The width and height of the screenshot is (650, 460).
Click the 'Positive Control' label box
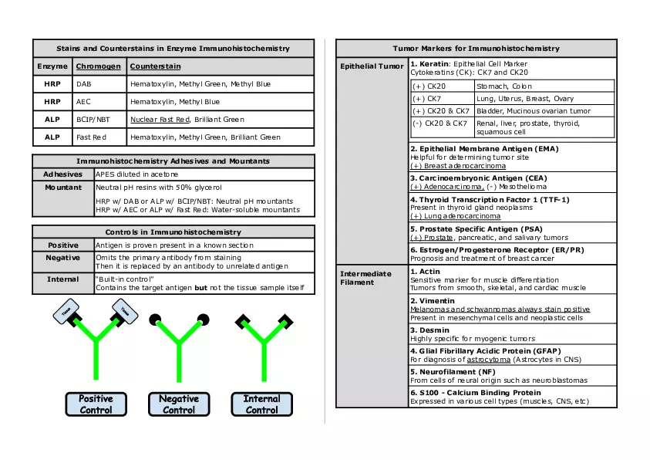[96, 404]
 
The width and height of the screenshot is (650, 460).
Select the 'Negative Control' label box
[179, 404]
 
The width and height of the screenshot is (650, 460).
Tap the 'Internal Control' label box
[261, 404]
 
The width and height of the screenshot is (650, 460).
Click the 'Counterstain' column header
[156, 66]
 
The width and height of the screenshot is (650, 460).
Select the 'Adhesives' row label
[62, 174]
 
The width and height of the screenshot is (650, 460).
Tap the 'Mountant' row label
[62, 188]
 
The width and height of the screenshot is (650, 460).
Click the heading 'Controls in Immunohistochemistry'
[173, 232]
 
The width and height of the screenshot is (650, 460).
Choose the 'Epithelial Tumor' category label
[372, 66]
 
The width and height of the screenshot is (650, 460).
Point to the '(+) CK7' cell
[426, 99]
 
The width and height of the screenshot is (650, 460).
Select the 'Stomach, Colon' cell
[504, 86]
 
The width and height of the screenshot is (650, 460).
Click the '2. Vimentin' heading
[432, 300]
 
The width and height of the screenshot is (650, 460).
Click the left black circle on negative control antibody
[154, 319]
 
